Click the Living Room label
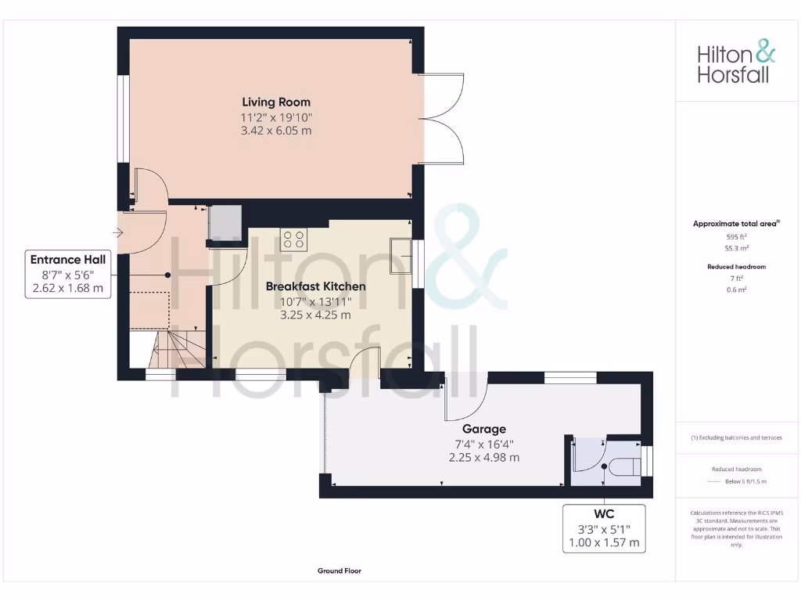[275, 102]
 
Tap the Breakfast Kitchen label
[315, 286]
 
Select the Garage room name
[483, 429]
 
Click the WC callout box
[604, 528]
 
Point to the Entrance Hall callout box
[67, 274]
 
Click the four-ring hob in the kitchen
[294, 239]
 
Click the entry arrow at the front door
[118, 232]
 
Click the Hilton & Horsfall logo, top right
[736, 64]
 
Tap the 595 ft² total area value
[735, 236]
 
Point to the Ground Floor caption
[339, 571]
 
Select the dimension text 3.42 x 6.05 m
[275, 131]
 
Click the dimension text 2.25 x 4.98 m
[483, 458]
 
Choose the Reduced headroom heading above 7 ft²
[736, 267]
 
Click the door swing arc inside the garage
[468, 399]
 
